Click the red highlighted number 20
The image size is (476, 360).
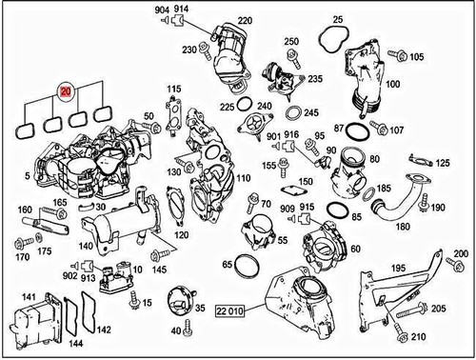coord(65,91)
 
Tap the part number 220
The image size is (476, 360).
coord(245,20)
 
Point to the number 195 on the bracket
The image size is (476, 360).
coord(397,270)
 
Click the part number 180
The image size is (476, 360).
coord(403,227)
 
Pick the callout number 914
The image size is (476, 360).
coord(181,9)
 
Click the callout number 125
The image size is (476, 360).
coord(444,164)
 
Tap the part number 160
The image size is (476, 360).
coord(26,210)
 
